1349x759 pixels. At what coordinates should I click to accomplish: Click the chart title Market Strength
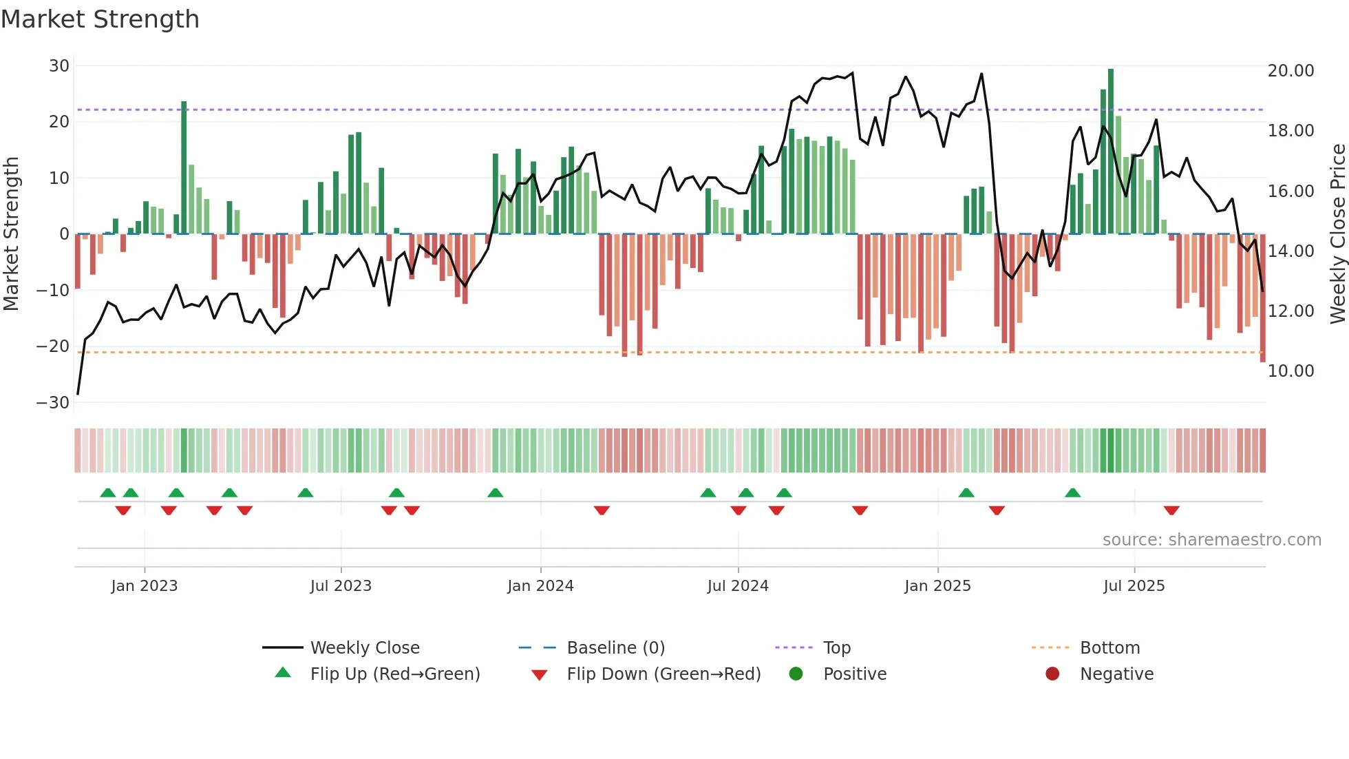pos(100,19)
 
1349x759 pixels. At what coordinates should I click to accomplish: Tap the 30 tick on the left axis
pos(59,66)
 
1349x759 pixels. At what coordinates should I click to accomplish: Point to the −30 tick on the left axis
pos(53,403)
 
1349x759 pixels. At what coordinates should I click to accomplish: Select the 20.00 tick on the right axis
pos(1290,71)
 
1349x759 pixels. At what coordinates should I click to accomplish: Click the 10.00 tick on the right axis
pos(1290,371)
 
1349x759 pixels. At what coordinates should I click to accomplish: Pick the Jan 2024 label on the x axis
pos(540,586)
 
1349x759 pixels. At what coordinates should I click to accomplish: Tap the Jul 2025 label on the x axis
pos(1134,586)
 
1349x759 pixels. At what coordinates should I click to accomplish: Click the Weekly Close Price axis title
pos(1337,233)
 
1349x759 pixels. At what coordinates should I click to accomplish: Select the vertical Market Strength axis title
pos(11,233)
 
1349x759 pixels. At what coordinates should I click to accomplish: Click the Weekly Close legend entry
pos(364,648)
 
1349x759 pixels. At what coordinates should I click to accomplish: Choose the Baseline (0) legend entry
pos(615,648)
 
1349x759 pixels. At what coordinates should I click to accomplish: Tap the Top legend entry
pos(836,648)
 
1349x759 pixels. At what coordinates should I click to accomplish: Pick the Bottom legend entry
pos(1109,648)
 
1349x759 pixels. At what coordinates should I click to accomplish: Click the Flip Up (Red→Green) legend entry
pos(394,674)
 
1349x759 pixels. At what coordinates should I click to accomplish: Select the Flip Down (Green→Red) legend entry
pos(663,674)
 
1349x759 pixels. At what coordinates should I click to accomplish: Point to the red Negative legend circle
pos(1052,674)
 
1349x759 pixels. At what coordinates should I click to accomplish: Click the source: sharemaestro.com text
pos(1211,540)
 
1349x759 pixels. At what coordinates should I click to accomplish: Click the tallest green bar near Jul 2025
pos(1111,152)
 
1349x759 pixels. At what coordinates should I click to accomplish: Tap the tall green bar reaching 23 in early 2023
pos(184,168)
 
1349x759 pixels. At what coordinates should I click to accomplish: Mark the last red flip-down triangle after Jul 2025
pos(1171,510)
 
